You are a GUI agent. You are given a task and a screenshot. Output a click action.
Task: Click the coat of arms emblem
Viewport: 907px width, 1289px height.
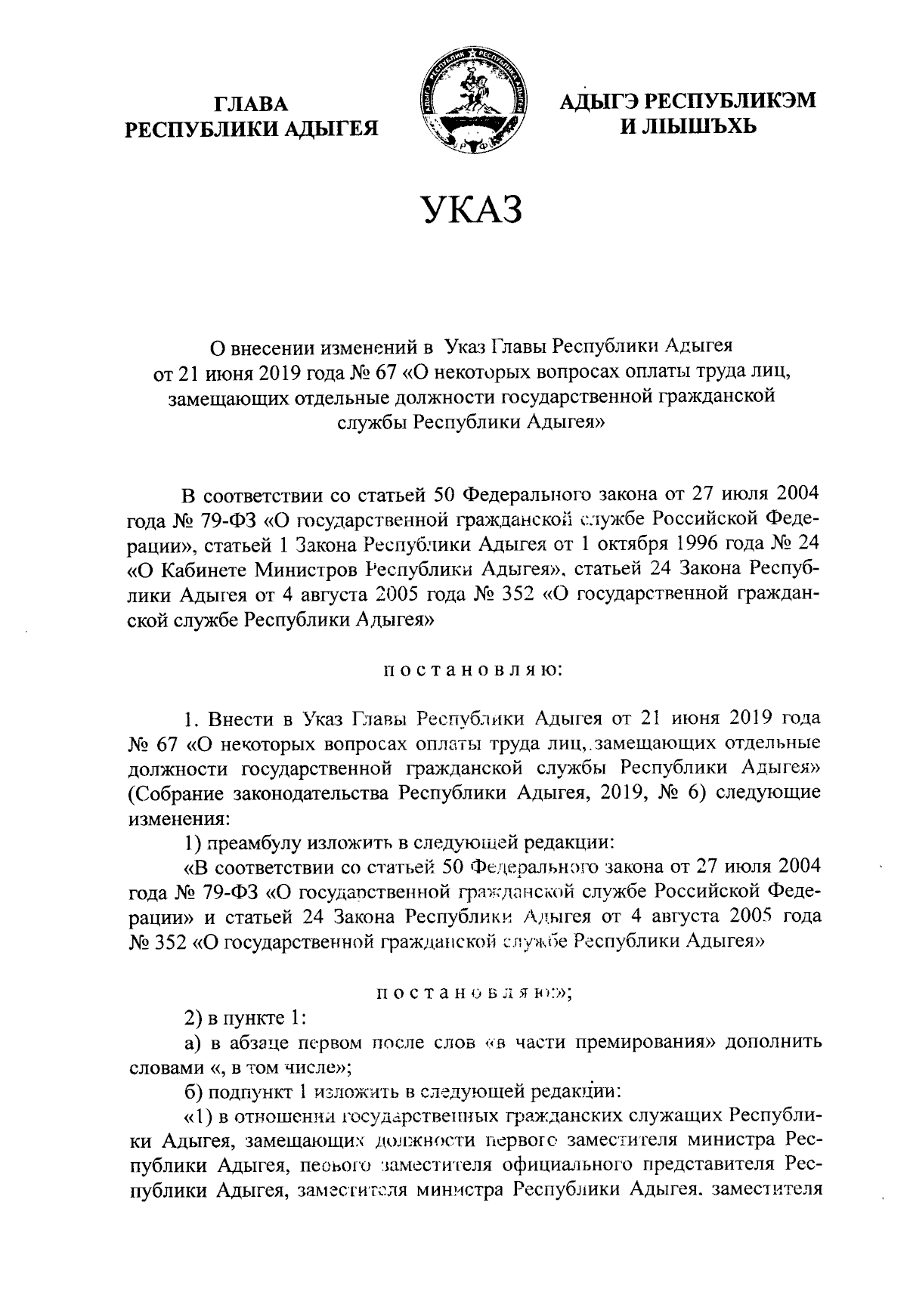(x=472, y=101)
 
